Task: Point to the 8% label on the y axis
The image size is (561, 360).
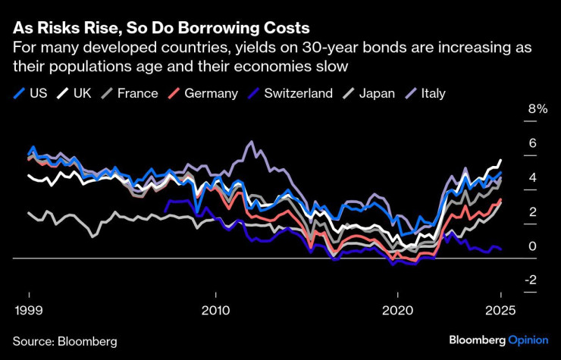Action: [x=537, y=108]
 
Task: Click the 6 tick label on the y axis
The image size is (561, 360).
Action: [x=532, y=142]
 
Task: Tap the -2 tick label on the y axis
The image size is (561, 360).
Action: [x=532, y=280]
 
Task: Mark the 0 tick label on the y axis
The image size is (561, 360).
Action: [x=532, y=246]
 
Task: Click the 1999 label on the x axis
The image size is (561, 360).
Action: [x=29, y=311]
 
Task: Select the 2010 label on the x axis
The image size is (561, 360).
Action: [x=216, y=311]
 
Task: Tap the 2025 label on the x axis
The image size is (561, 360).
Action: [x=500, y=311]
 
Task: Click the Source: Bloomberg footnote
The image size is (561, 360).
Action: [x=64, y=341]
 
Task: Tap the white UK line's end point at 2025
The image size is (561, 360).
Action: [x=500, y=160]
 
